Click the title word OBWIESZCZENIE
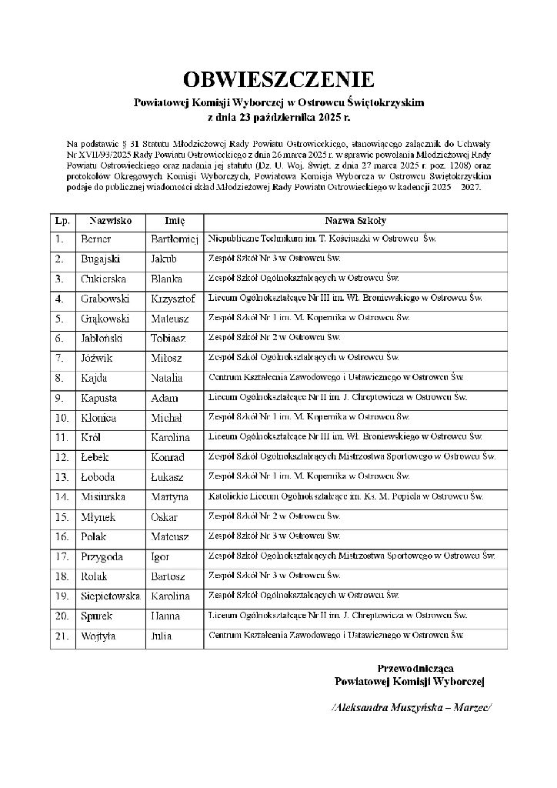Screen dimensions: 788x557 coord(278,79)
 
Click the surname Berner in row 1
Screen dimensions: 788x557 coord(96,239)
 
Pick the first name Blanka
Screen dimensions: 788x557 coord(166,279)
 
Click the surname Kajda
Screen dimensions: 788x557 coord(94,378)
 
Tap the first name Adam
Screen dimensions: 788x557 coord(164,398)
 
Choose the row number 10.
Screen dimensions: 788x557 coord(62,418)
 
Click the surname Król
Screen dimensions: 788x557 coord(92,438)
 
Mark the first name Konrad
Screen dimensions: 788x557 coord(168,458)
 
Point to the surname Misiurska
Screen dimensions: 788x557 coord(103,497)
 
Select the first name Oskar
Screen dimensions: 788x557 coord(164,517)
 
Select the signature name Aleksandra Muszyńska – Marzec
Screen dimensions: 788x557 coord(410,707)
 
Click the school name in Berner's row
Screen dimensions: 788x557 coord(322,239)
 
